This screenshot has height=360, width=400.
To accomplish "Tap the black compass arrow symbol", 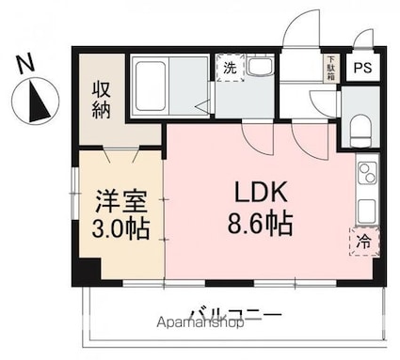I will pyautogui.click(x=38, y=102).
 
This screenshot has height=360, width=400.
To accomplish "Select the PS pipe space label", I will pyautogui.click(x=361, y=68).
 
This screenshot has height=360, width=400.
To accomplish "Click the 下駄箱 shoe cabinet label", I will pyautogui.click(x=330, y=68).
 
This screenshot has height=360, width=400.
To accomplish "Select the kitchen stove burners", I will pyautogui.click(x=366, y=176).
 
